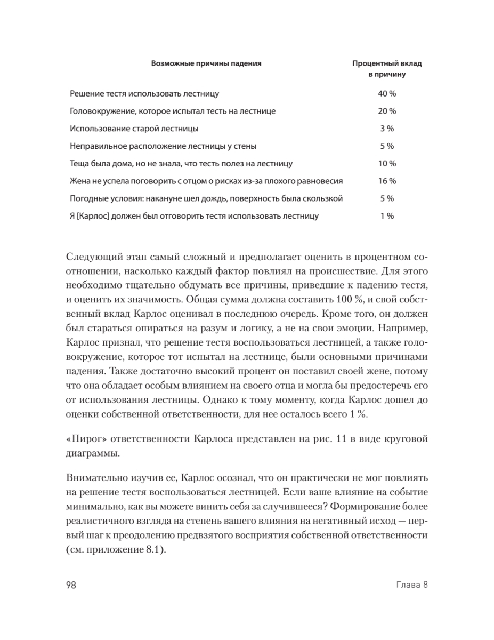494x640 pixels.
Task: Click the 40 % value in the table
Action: tap(387, 94)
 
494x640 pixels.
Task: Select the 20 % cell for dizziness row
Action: tap(387, 111)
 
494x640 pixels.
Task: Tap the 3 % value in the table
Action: tap(387, 129)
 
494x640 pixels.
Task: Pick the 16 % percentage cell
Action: tap(387, 181)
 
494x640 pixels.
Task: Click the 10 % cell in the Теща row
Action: tap(387, 163)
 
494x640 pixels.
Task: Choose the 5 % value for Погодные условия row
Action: tap(387, 198)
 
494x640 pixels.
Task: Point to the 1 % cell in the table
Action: tap(387, 216)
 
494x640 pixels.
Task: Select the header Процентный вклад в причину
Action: tap(387, 69)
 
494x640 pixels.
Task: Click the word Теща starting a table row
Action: tap(80, 163)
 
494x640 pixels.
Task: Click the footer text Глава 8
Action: tap(413, 585)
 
